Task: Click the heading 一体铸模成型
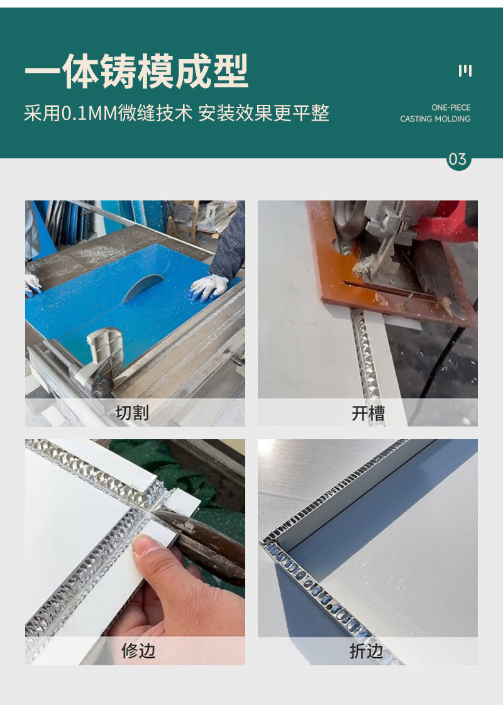136,71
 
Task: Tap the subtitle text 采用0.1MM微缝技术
108,113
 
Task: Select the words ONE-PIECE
451,107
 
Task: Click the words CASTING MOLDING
435,119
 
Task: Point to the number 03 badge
458,159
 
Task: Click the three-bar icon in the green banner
465,70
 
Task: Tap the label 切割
132,412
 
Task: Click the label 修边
138,650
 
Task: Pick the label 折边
366,651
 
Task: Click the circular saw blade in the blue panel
143,287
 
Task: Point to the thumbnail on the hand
144,545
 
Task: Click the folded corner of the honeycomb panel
270,543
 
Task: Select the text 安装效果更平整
263,113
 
